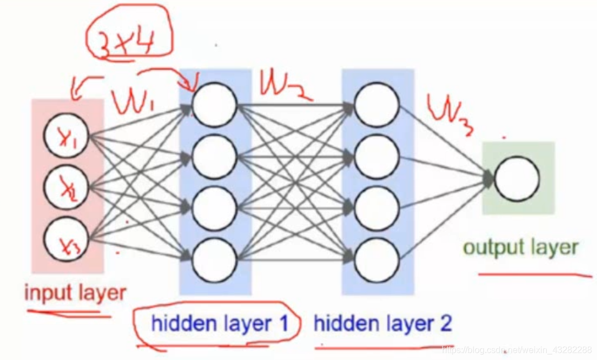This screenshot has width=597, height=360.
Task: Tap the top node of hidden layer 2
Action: click(377, 105)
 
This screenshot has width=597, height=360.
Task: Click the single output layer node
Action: click(517, 179)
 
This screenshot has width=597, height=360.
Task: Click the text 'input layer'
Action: click(75, 293)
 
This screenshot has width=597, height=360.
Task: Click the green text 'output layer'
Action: click(520, 248)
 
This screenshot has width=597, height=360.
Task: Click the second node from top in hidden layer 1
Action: click(214, 156)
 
